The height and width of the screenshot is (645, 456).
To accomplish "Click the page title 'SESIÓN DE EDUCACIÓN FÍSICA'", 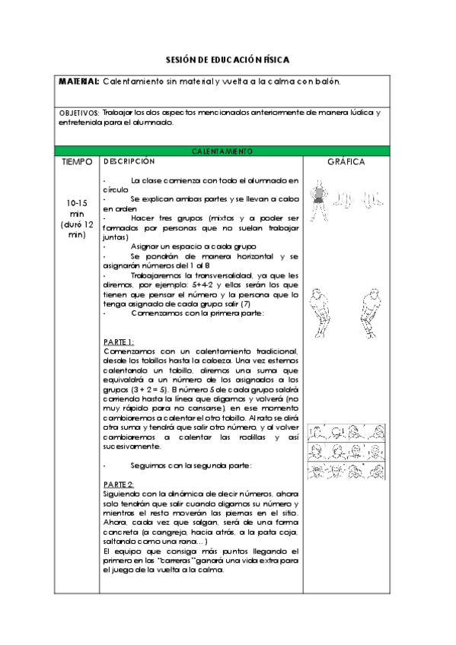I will pyautogui.click(x=228, y=59).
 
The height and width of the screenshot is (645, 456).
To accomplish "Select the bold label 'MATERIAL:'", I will pyautogui.click(x=79, y=81).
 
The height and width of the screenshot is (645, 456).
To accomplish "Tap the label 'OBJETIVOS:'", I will pyautogui.click(x=79, y=113).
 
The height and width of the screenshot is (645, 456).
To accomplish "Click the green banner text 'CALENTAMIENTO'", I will pyautogui.click(x=222, y=151).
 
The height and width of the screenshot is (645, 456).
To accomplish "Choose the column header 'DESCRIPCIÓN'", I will pyautogui.click(x=129, y=161).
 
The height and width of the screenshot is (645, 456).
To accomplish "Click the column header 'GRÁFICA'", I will pyautogui.click(x=346, y=162).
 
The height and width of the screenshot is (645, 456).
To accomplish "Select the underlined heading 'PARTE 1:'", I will pyautogui.click(x=119, y=342).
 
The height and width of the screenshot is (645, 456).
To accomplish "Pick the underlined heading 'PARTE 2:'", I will pyautogui.click(x=119, y=485).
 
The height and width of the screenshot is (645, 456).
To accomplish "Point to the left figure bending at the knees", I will pyautogui.click(x=320, y=312).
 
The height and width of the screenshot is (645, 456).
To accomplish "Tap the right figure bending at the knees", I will pyautogui.click(x=371, y=312).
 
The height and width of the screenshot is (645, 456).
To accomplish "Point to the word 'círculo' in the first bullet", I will pyautogui.click(x=116, y=189).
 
